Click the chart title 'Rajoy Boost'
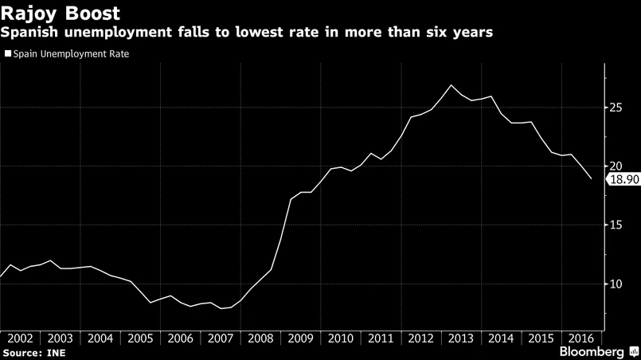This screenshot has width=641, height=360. point(61,14)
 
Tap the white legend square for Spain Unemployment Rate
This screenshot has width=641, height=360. point(9,54)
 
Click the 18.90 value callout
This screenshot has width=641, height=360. point(623,180)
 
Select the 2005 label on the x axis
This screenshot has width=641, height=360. point(141,338)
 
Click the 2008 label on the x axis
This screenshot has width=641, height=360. point(261,338)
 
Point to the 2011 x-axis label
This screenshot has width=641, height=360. point(381,338)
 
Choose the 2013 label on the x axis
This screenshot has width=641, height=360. point(462,338)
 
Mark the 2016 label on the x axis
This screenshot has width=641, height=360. point(582,338)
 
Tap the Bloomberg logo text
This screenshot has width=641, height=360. point(590,351)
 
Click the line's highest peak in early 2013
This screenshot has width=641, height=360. point(451,84)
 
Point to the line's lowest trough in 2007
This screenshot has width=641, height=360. point(221,308)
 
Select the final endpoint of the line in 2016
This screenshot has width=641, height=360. point(592,179)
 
